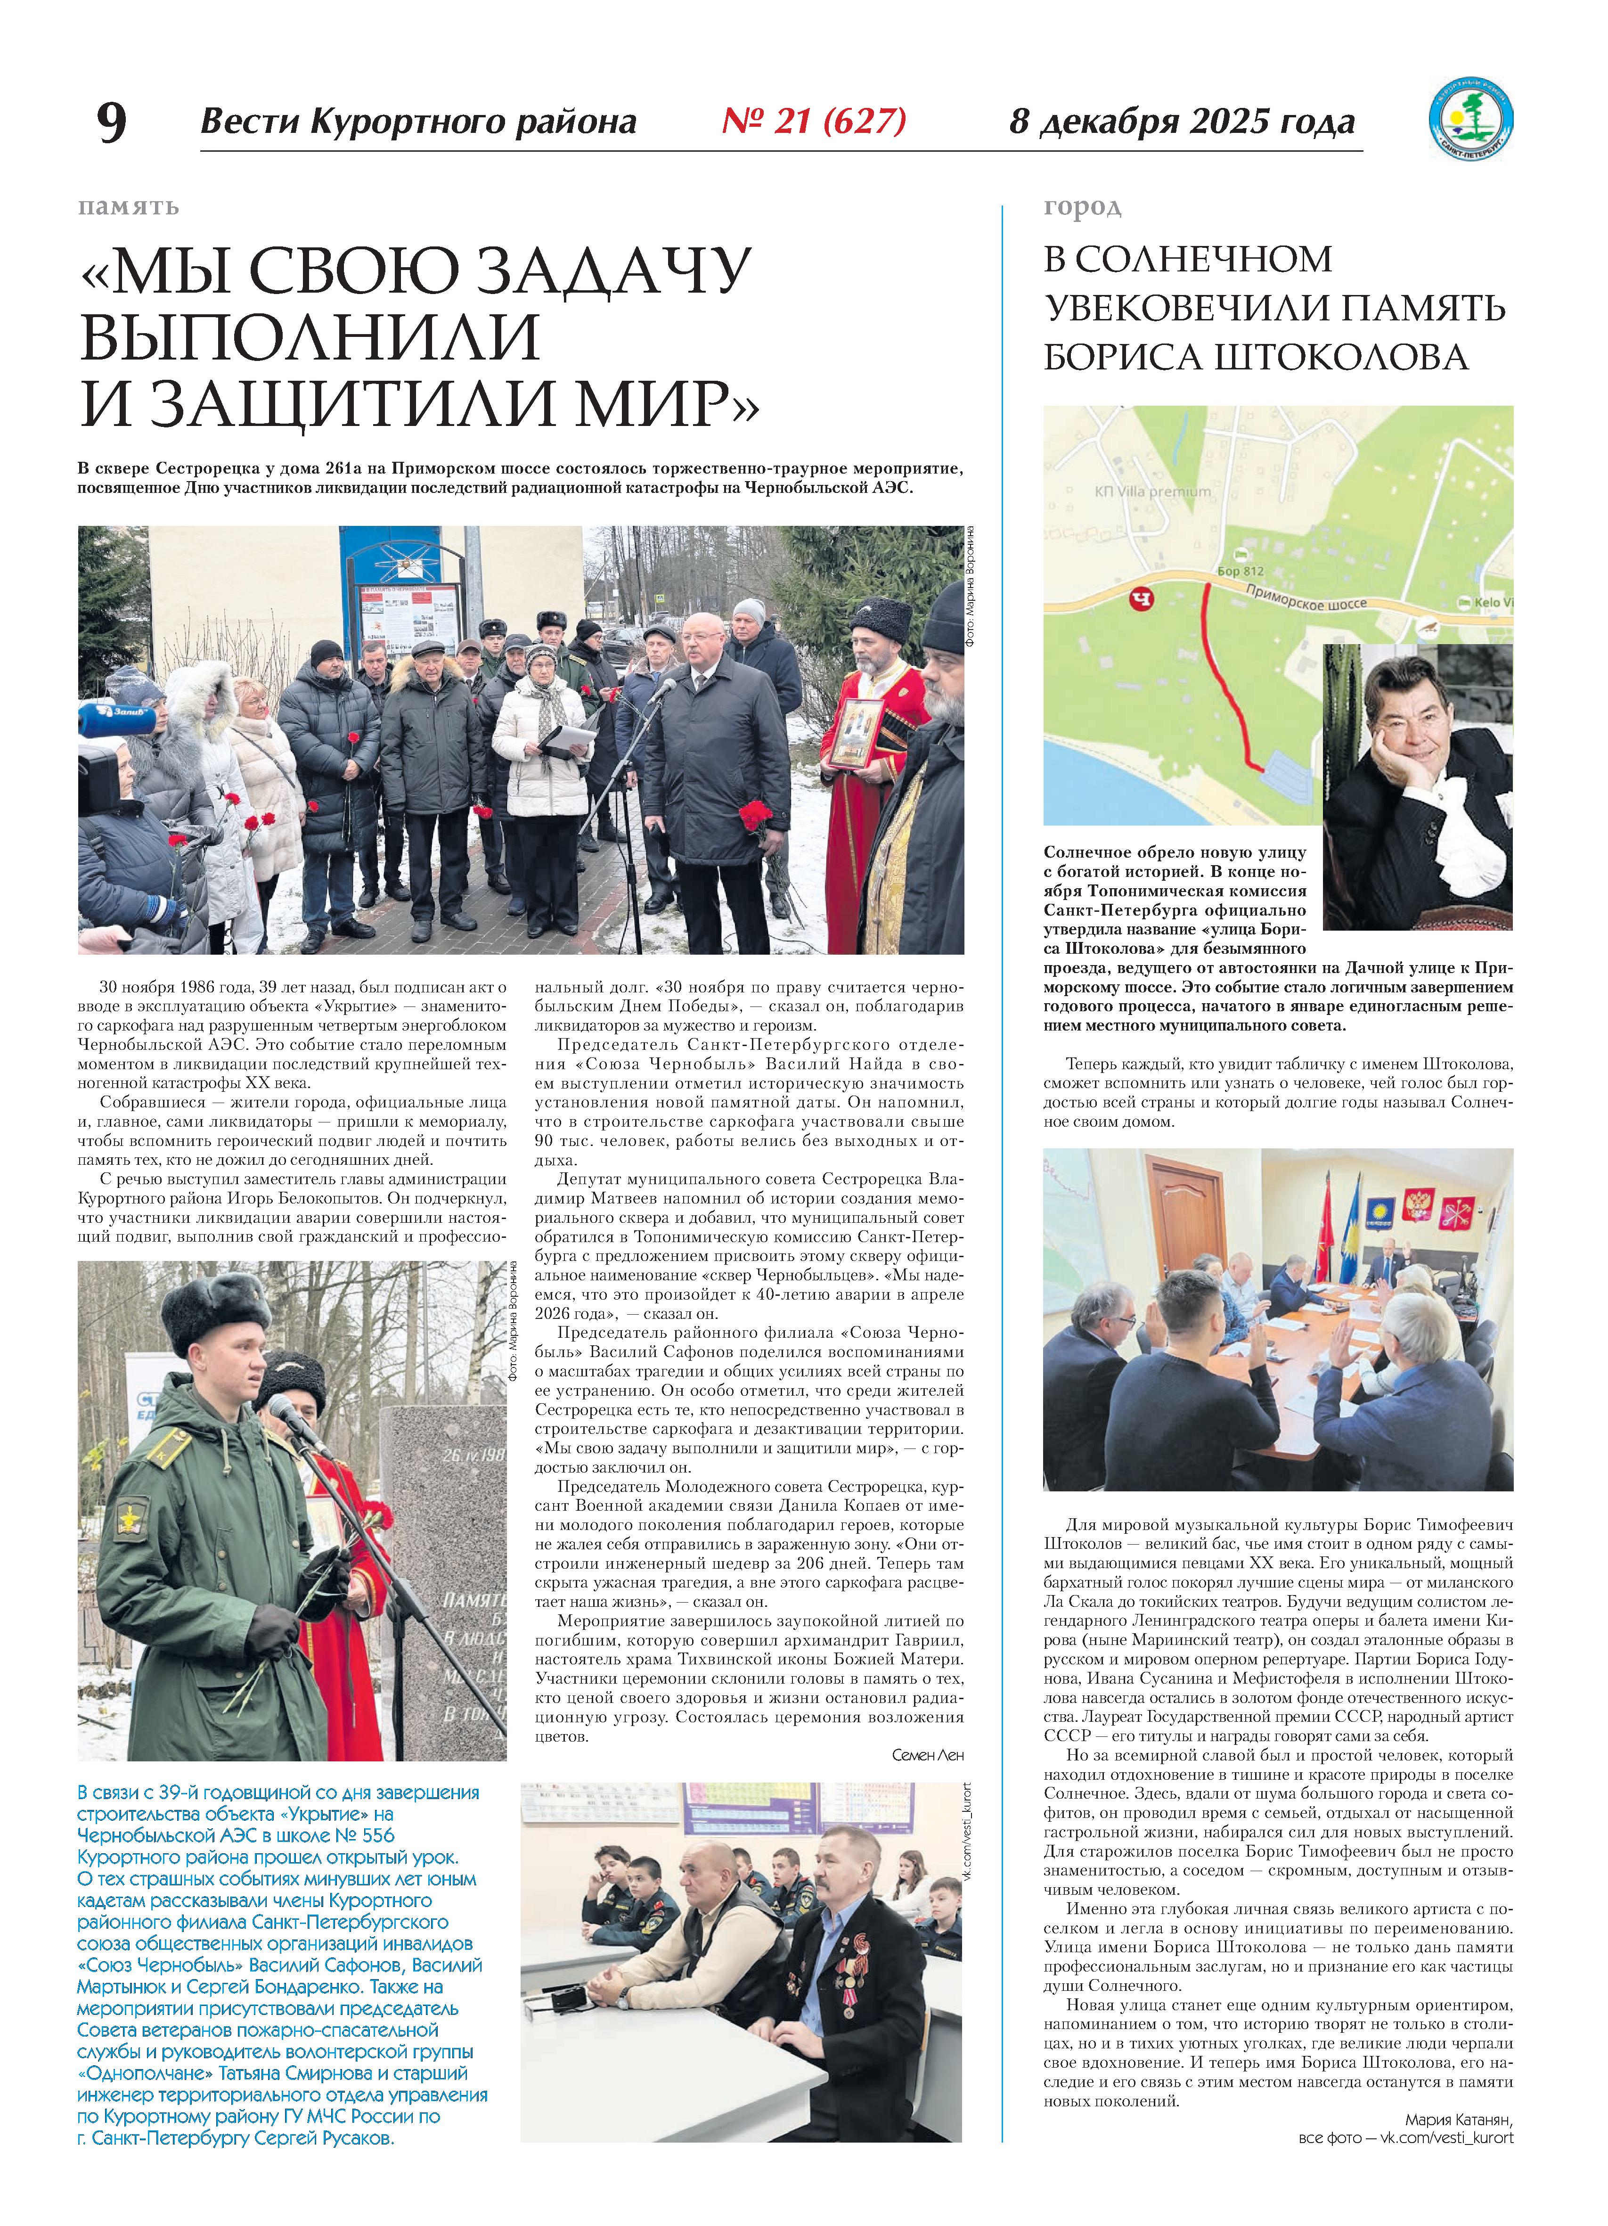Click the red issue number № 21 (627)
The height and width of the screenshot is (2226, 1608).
[x=813, y=121]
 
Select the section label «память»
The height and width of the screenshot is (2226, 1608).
[x=129, y=207]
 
